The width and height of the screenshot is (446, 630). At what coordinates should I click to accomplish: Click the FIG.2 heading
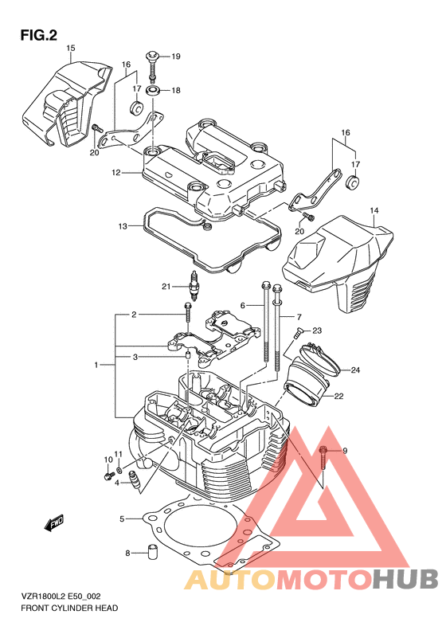pyautogui.click(x=38, y=36)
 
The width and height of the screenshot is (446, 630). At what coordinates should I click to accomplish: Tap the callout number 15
pyautogui.click(x=70, y=49)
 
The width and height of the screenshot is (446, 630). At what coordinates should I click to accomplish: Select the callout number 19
pyautogui.click(x=176, y=57)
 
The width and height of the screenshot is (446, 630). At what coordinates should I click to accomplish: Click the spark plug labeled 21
pyautogui.click(x=195, y=286)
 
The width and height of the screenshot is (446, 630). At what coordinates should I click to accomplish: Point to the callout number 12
pyautogui.click(x=116, y=173)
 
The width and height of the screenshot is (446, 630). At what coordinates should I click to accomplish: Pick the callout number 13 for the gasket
pyautogui.click(x=123, y=226)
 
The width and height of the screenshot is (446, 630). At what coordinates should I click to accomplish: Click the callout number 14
pyautogui.click(x=374, y=210)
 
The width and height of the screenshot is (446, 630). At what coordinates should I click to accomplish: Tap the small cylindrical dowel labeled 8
pyautogui.click(x=152, y=552)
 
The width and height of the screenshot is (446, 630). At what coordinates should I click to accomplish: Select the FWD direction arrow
pyautogui.click(x=54, y=522)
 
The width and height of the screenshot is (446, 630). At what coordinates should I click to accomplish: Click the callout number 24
pyautogui.click(x=355, y=370)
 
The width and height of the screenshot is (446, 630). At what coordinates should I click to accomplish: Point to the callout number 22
pyautogui.click(x=339, y=396)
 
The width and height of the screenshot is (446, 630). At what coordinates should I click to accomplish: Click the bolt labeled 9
pyautogui.click(x=323, y=458)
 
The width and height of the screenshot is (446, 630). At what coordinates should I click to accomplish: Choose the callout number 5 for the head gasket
pyautogui.click(x=122, y=519)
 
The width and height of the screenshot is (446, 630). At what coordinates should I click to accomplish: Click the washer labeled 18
pyautogui.click(x=154, y=91)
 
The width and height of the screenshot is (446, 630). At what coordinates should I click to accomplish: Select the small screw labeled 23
pyautogui.click(x=299, y=332)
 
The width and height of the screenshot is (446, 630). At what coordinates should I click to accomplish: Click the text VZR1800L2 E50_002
pyautogui.click(x=61, y=597)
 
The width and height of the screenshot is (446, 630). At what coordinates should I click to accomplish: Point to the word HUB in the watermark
pyautogui.click(x=405, y=580)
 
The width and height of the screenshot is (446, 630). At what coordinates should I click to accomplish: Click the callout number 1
pyautogui.click(x=96, y=366)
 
